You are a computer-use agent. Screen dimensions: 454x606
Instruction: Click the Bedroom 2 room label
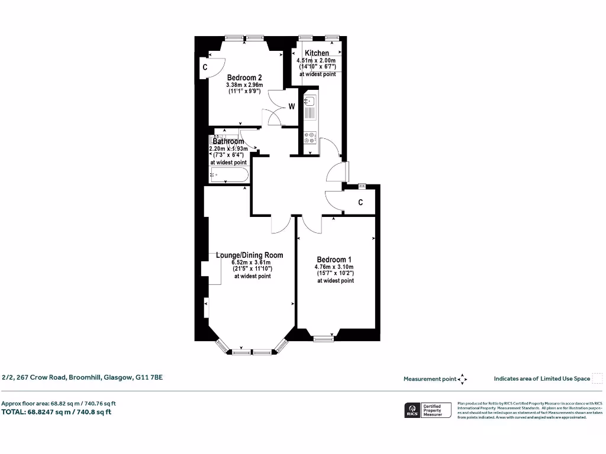[x=244, y=77]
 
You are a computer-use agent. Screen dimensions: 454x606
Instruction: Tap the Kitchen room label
[x=317, y=53]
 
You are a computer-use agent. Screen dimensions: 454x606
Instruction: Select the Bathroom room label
[x=228, y=142]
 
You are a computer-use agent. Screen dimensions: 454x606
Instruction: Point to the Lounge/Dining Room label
[x=249, y=255]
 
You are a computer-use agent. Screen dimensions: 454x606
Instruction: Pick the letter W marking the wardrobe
[x=292, y=107]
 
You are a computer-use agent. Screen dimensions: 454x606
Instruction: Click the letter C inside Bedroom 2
[x=205, y=67]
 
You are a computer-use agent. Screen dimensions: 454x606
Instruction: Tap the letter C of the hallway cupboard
[x=360, y=203]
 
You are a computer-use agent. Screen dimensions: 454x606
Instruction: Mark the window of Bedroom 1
[x=323, y=339]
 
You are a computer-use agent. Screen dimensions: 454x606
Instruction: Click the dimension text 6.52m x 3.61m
[x=251, y=262]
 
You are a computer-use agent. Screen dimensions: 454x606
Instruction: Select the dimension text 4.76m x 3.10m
[x=334, y=267]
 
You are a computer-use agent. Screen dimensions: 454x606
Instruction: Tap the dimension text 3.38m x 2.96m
[x=244, y=85]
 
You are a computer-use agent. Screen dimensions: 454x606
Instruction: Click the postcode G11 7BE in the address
[x=149, y=377]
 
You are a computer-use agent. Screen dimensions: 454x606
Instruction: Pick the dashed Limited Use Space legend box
[x=597, y=378]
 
